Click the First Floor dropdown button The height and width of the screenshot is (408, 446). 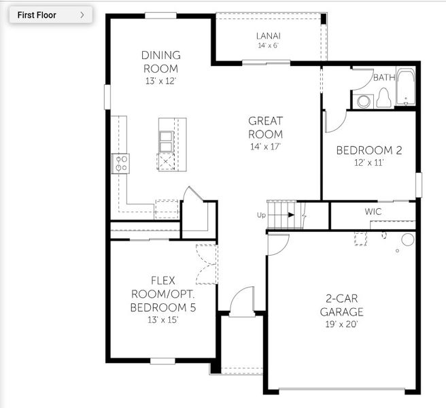click(50, 15)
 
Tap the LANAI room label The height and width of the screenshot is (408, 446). click(268, 36)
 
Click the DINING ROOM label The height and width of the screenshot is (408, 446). click(160, 62)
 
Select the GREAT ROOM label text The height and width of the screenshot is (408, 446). click(265, 128)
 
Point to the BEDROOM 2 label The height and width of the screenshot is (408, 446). click(369, 150)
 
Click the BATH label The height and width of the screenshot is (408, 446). click(383, 78)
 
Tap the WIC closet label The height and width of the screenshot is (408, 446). click(373, 211)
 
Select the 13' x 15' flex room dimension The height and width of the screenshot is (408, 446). click(163, 320)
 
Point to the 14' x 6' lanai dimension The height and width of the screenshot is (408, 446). click(268, 46)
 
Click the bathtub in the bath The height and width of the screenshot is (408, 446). click(406, 87)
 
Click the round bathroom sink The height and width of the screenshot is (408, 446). click(364, 101)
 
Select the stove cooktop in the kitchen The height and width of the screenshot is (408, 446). click(121, 163)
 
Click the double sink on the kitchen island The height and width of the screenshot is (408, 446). click(166, 140)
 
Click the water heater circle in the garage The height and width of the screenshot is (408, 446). click(407, 239)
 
